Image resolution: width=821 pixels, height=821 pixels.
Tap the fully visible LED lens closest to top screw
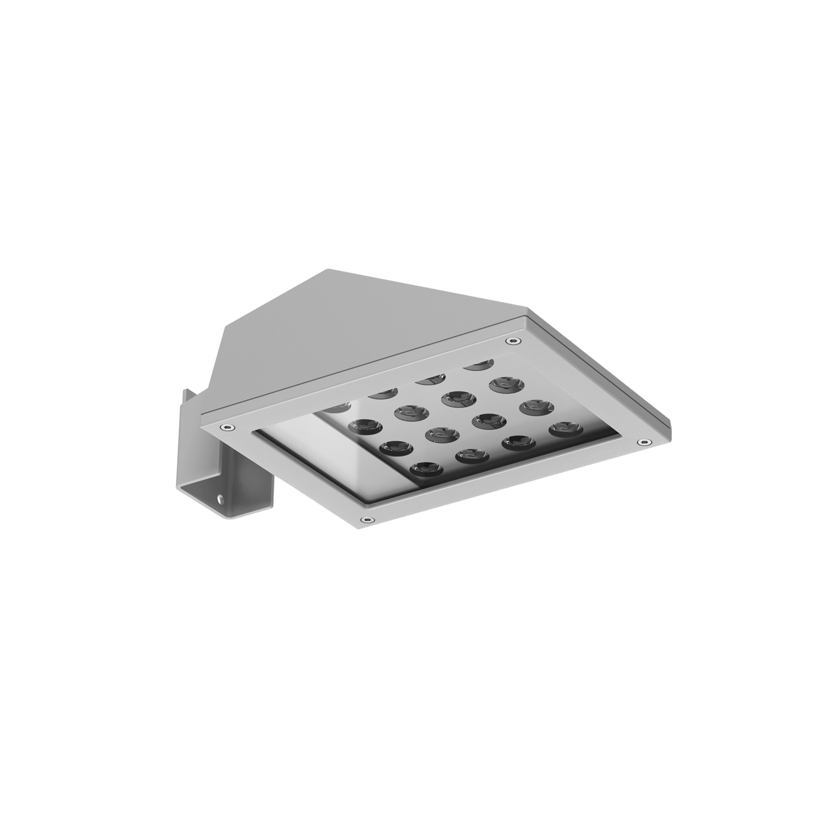click(x=506, y=384)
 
